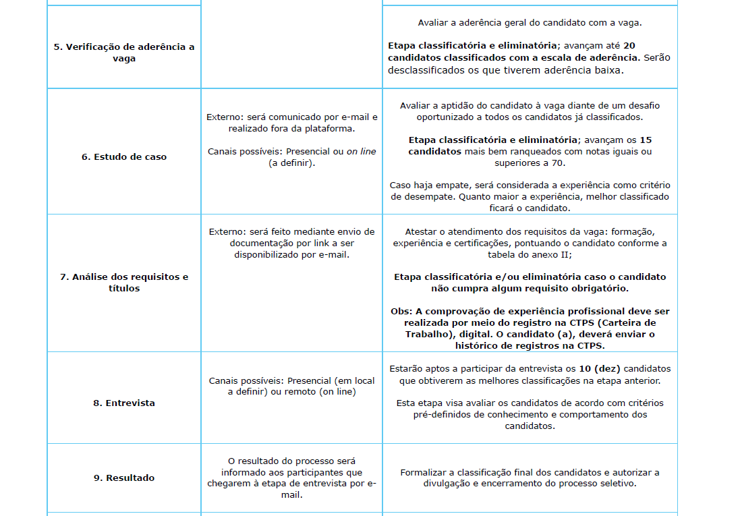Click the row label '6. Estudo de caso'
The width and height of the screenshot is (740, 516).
(124, 156)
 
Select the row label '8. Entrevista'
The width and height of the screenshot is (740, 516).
(124, 403)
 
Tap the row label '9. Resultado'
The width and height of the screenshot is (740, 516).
(124, 478)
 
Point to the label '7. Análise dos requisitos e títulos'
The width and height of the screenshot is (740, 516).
(124, 283)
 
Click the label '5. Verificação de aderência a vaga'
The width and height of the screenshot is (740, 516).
(124, 53)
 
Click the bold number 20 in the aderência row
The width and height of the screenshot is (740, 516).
(629, 45)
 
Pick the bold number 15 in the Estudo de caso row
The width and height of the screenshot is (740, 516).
(645, 140)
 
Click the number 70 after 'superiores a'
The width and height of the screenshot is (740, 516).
(557, 163)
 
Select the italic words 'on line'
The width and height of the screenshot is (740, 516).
(362, 152)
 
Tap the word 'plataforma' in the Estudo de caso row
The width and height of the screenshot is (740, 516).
(331, 128)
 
